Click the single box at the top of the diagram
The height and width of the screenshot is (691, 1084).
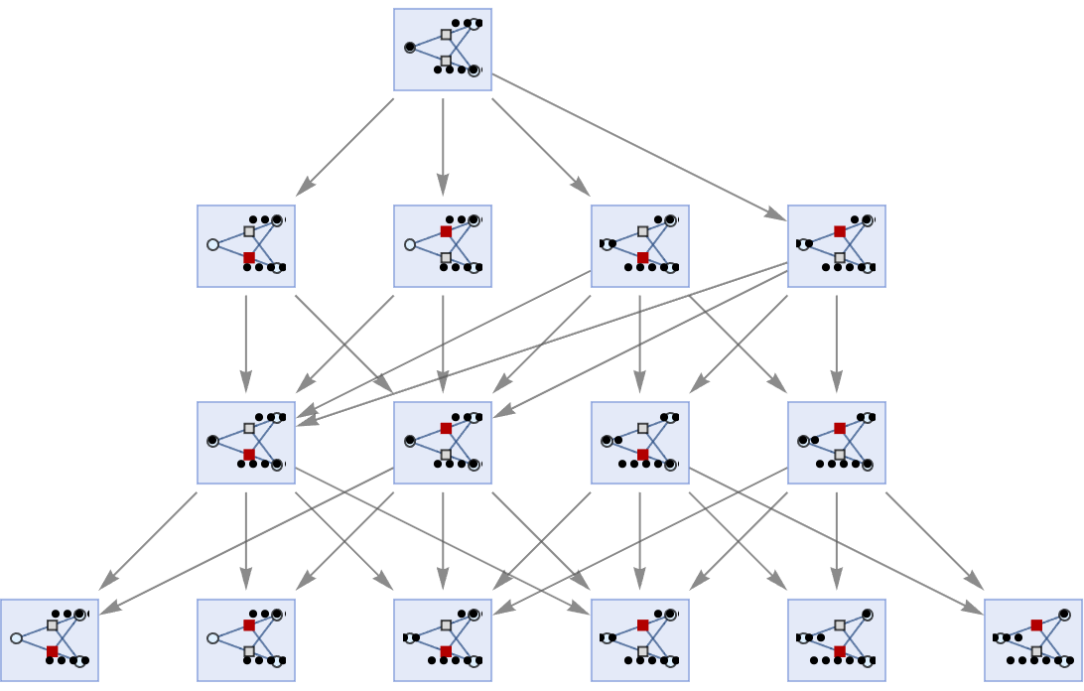443,50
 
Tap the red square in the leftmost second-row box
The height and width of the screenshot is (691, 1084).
249,257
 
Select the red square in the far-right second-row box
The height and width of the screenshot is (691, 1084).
840,231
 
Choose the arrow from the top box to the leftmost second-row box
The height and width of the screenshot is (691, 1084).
345,146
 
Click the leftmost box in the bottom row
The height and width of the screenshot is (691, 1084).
50,639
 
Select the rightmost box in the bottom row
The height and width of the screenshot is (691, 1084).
1033,639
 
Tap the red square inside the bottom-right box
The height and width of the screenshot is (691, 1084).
1036,625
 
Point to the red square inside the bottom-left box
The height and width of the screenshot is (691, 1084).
52,651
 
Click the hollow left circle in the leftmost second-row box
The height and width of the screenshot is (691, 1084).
212,244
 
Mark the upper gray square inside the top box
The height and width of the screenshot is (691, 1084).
446,35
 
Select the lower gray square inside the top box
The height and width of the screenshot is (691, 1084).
446,61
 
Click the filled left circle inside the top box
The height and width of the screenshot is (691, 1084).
410,47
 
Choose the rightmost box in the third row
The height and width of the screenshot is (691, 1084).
837,443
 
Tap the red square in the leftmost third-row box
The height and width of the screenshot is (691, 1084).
249,454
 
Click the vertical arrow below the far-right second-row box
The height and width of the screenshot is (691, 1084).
837,343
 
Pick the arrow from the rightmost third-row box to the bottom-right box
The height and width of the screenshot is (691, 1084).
934,540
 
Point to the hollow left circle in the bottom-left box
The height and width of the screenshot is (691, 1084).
16,638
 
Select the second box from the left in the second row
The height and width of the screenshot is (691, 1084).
443,246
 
